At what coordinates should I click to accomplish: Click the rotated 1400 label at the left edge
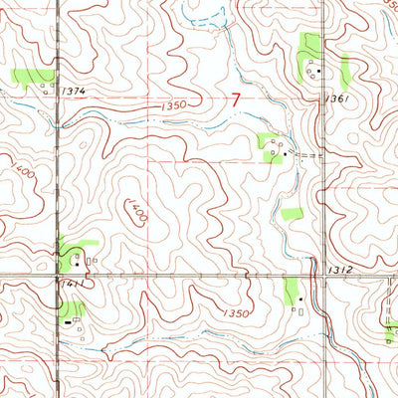coord(21,176)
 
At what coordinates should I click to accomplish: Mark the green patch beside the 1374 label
coord(30,77)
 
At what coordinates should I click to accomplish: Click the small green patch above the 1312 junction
coord(292,213)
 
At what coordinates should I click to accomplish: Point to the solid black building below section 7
coord(284,154)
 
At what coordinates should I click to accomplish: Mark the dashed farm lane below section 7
coord(310,157)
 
